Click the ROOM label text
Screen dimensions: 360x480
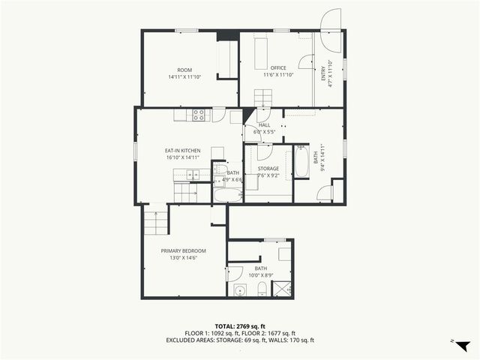[x=184, y=70]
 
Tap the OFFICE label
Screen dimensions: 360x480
[x=278, y=68]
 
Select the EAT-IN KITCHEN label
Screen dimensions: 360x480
[x=182, y=151]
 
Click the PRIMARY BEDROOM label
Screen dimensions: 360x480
[x=183, y=250]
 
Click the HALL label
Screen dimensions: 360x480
[x=264, y=126]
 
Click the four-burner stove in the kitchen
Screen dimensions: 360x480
[x=199, y=115]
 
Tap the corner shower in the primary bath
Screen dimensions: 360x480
[x=283, y=289]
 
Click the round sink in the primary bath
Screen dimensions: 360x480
[x=240, y=290]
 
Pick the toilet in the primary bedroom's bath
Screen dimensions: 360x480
[x=262, y=289]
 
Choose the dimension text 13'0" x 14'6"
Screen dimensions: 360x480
[x=183, y=258]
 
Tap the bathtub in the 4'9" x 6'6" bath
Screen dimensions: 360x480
[x=227, y=195]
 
